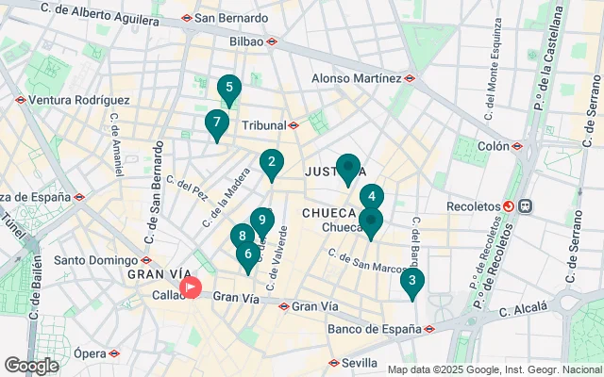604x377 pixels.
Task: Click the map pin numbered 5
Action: [227, 90]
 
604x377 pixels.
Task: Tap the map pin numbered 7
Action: [217, 123]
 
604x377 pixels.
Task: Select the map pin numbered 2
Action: [272, 163]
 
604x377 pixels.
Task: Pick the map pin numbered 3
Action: [411, 280]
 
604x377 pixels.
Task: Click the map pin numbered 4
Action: [372, 197]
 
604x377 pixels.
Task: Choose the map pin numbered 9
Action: [262, 220]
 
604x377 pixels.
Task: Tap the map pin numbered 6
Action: [248, 253]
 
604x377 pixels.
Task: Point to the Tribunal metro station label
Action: [263, 125]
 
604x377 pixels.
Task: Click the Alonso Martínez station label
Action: [357, 78]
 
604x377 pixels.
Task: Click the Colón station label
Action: [494, 146]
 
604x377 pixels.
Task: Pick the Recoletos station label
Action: [472, 205]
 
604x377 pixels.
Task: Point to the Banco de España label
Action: [375, 329]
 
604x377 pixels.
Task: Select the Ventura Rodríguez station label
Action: [79, 99]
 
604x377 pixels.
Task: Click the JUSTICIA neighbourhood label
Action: [330, 172]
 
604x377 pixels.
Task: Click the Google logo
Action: [32, 366]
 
